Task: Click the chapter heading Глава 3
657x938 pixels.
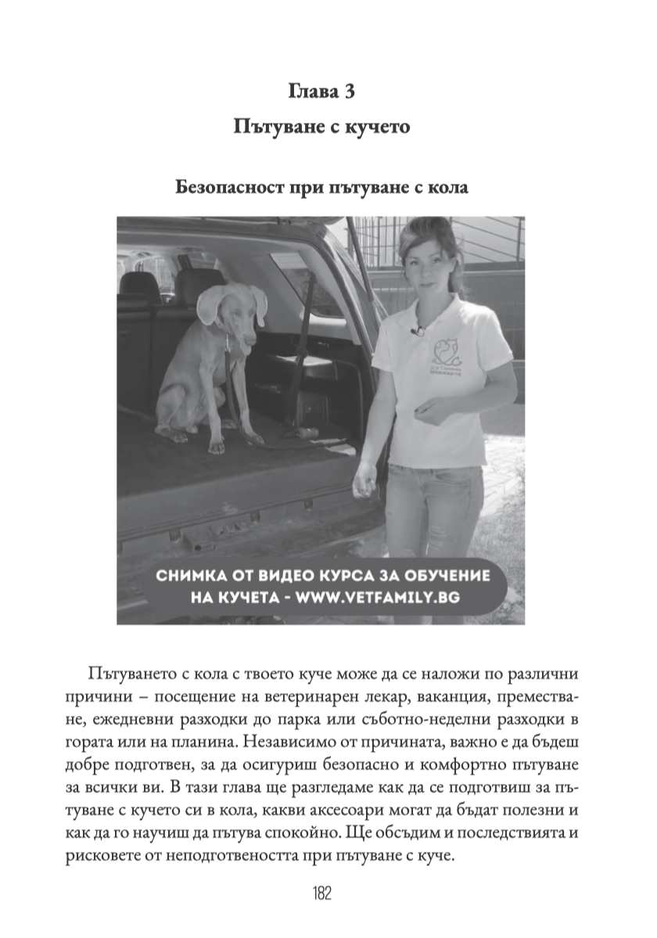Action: (321, 92)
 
